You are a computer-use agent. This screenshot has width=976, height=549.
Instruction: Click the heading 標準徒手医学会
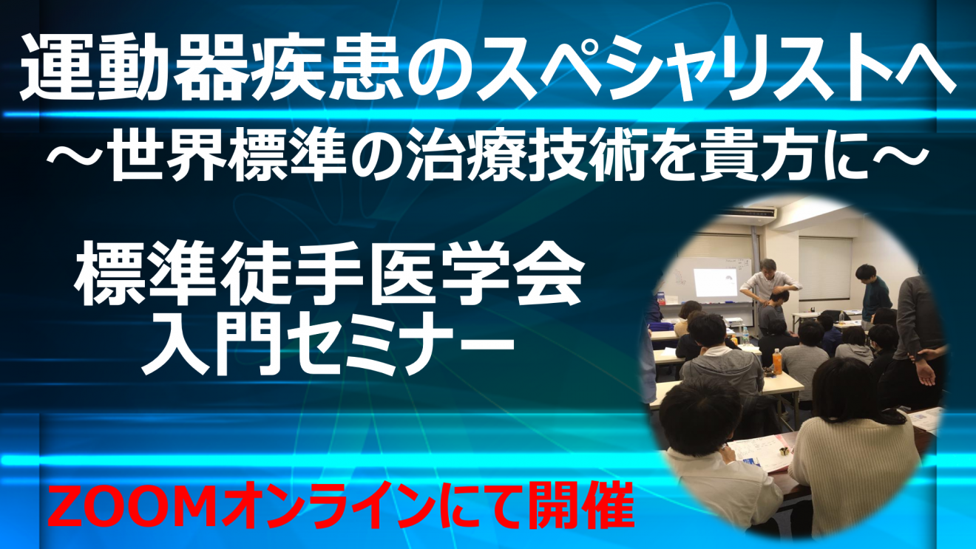(x=330, y=278)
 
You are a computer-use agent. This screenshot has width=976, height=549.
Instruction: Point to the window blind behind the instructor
(x=825, y=267)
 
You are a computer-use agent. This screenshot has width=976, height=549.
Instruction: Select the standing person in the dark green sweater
(x=873, y=296)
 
